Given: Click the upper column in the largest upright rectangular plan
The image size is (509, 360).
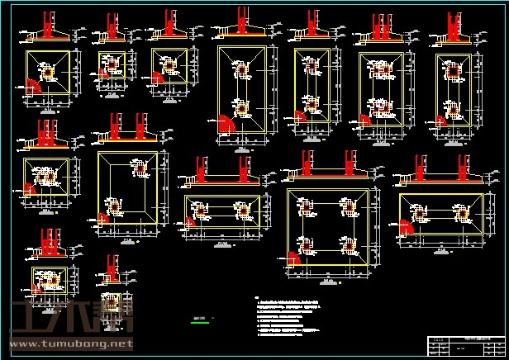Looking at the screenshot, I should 243,71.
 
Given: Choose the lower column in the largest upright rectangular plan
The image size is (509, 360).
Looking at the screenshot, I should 243,107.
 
